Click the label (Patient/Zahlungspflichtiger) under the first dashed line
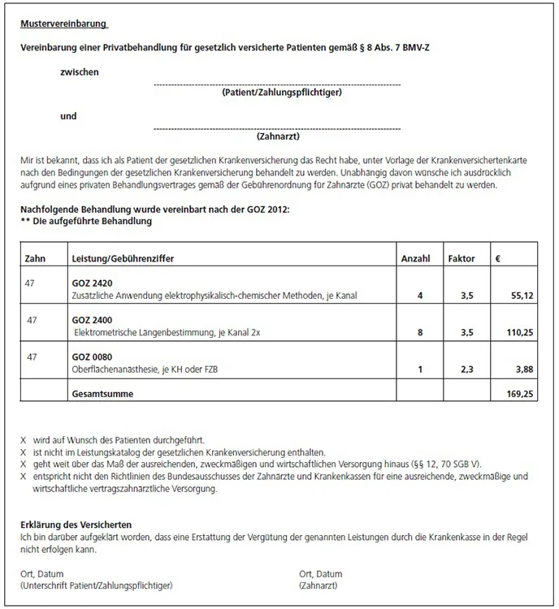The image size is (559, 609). coord(280,93)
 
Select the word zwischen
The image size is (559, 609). coord(80,72)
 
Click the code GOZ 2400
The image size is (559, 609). coord(91,320)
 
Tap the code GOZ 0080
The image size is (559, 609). coord(91,357)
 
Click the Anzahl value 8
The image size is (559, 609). coord(419,334)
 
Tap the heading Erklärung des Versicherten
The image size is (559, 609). coord(76,525)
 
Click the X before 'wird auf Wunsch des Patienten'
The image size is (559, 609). coord(24,438)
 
